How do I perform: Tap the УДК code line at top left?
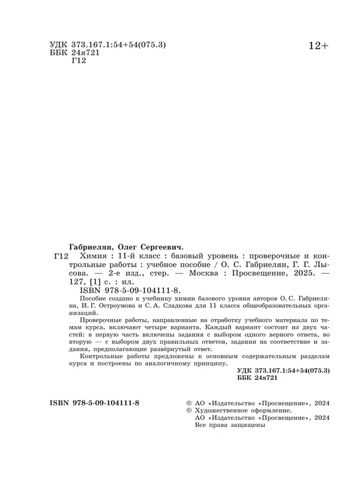pyautogui.click(x=105, y=44)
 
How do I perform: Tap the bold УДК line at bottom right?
pyautogui.click(x=283, y=369)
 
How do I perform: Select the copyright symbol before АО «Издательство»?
pyautogui.click(x=190, y=403)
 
